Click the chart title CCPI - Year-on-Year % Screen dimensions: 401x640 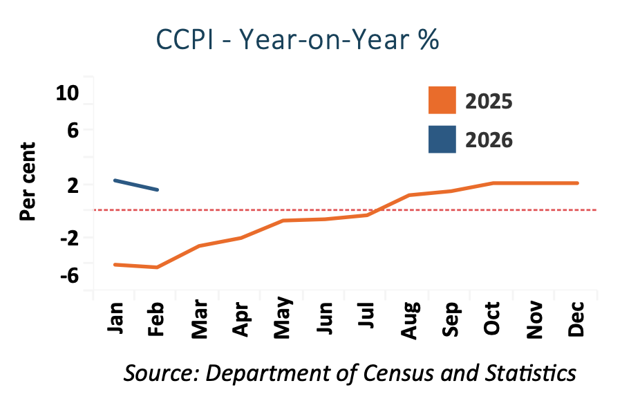pyautogui.click(x=297, y=40)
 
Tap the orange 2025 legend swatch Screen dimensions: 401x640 pyautogui.click(x=442, y=100)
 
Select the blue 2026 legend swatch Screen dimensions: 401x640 pyautogui.click(x=442, y=139)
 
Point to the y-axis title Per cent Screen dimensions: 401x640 pyautogui.click(x=28, y=181)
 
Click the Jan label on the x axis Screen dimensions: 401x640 pyautogui.click(x=115, y=319)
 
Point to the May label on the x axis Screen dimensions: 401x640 pyautogui.click(x=283, y=320)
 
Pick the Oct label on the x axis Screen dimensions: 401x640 pyautogui.click(x=492, y=320)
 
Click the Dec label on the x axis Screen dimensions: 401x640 pyautogui.click(x=576, y=320)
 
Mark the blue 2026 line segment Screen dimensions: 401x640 pyautogui.click(x=137, y=185)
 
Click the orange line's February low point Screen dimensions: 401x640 pyautogui.click(x=158, y=267)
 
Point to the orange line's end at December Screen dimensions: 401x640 pyautogui.click(x=576, y=183)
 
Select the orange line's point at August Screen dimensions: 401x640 pyautogui.click(x=409, y=195)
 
